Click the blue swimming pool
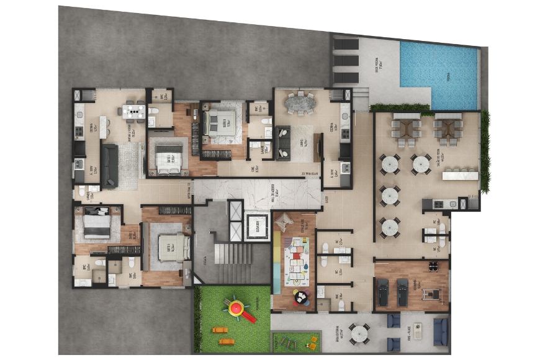439,73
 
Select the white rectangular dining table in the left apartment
133,111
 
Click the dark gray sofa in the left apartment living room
110,166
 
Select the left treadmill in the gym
383,292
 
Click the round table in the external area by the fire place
359,334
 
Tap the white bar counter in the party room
459,176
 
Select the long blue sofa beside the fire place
440,331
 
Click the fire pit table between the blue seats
418,331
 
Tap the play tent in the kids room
284,220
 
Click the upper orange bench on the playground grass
220,330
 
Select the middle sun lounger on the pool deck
346,61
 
